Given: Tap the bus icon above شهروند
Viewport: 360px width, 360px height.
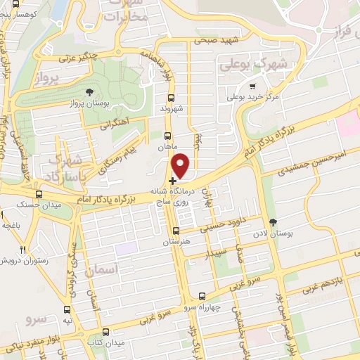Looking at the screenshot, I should click(x=170, y=98).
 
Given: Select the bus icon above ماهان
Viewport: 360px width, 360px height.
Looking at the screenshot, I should click(x=167, y=136).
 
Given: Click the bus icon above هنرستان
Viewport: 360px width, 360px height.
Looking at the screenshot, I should click(x=176, y=231).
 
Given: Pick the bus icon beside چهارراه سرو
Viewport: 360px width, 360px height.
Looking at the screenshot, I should click(x=202, y=296).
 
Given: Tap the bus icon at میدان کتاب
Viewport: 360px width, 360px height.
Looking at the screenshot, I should click(x=105, y=331).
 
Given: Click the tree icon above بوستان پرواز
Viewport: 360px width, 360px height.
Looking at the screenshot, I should click(x=89, y=92).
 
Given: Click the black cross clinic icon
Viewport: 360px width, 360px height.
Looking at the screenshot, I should click(x=173, y=181).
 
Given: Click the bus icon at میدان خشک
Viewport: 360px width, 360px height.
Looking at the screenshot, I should click(x=38, y=194).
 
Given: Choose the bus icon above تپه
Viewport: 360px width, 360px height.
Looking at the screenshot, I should click(x=67, y=309).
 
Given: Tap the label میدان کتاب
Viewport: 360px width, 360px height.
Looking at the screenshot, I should click(x=105, y=342).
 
